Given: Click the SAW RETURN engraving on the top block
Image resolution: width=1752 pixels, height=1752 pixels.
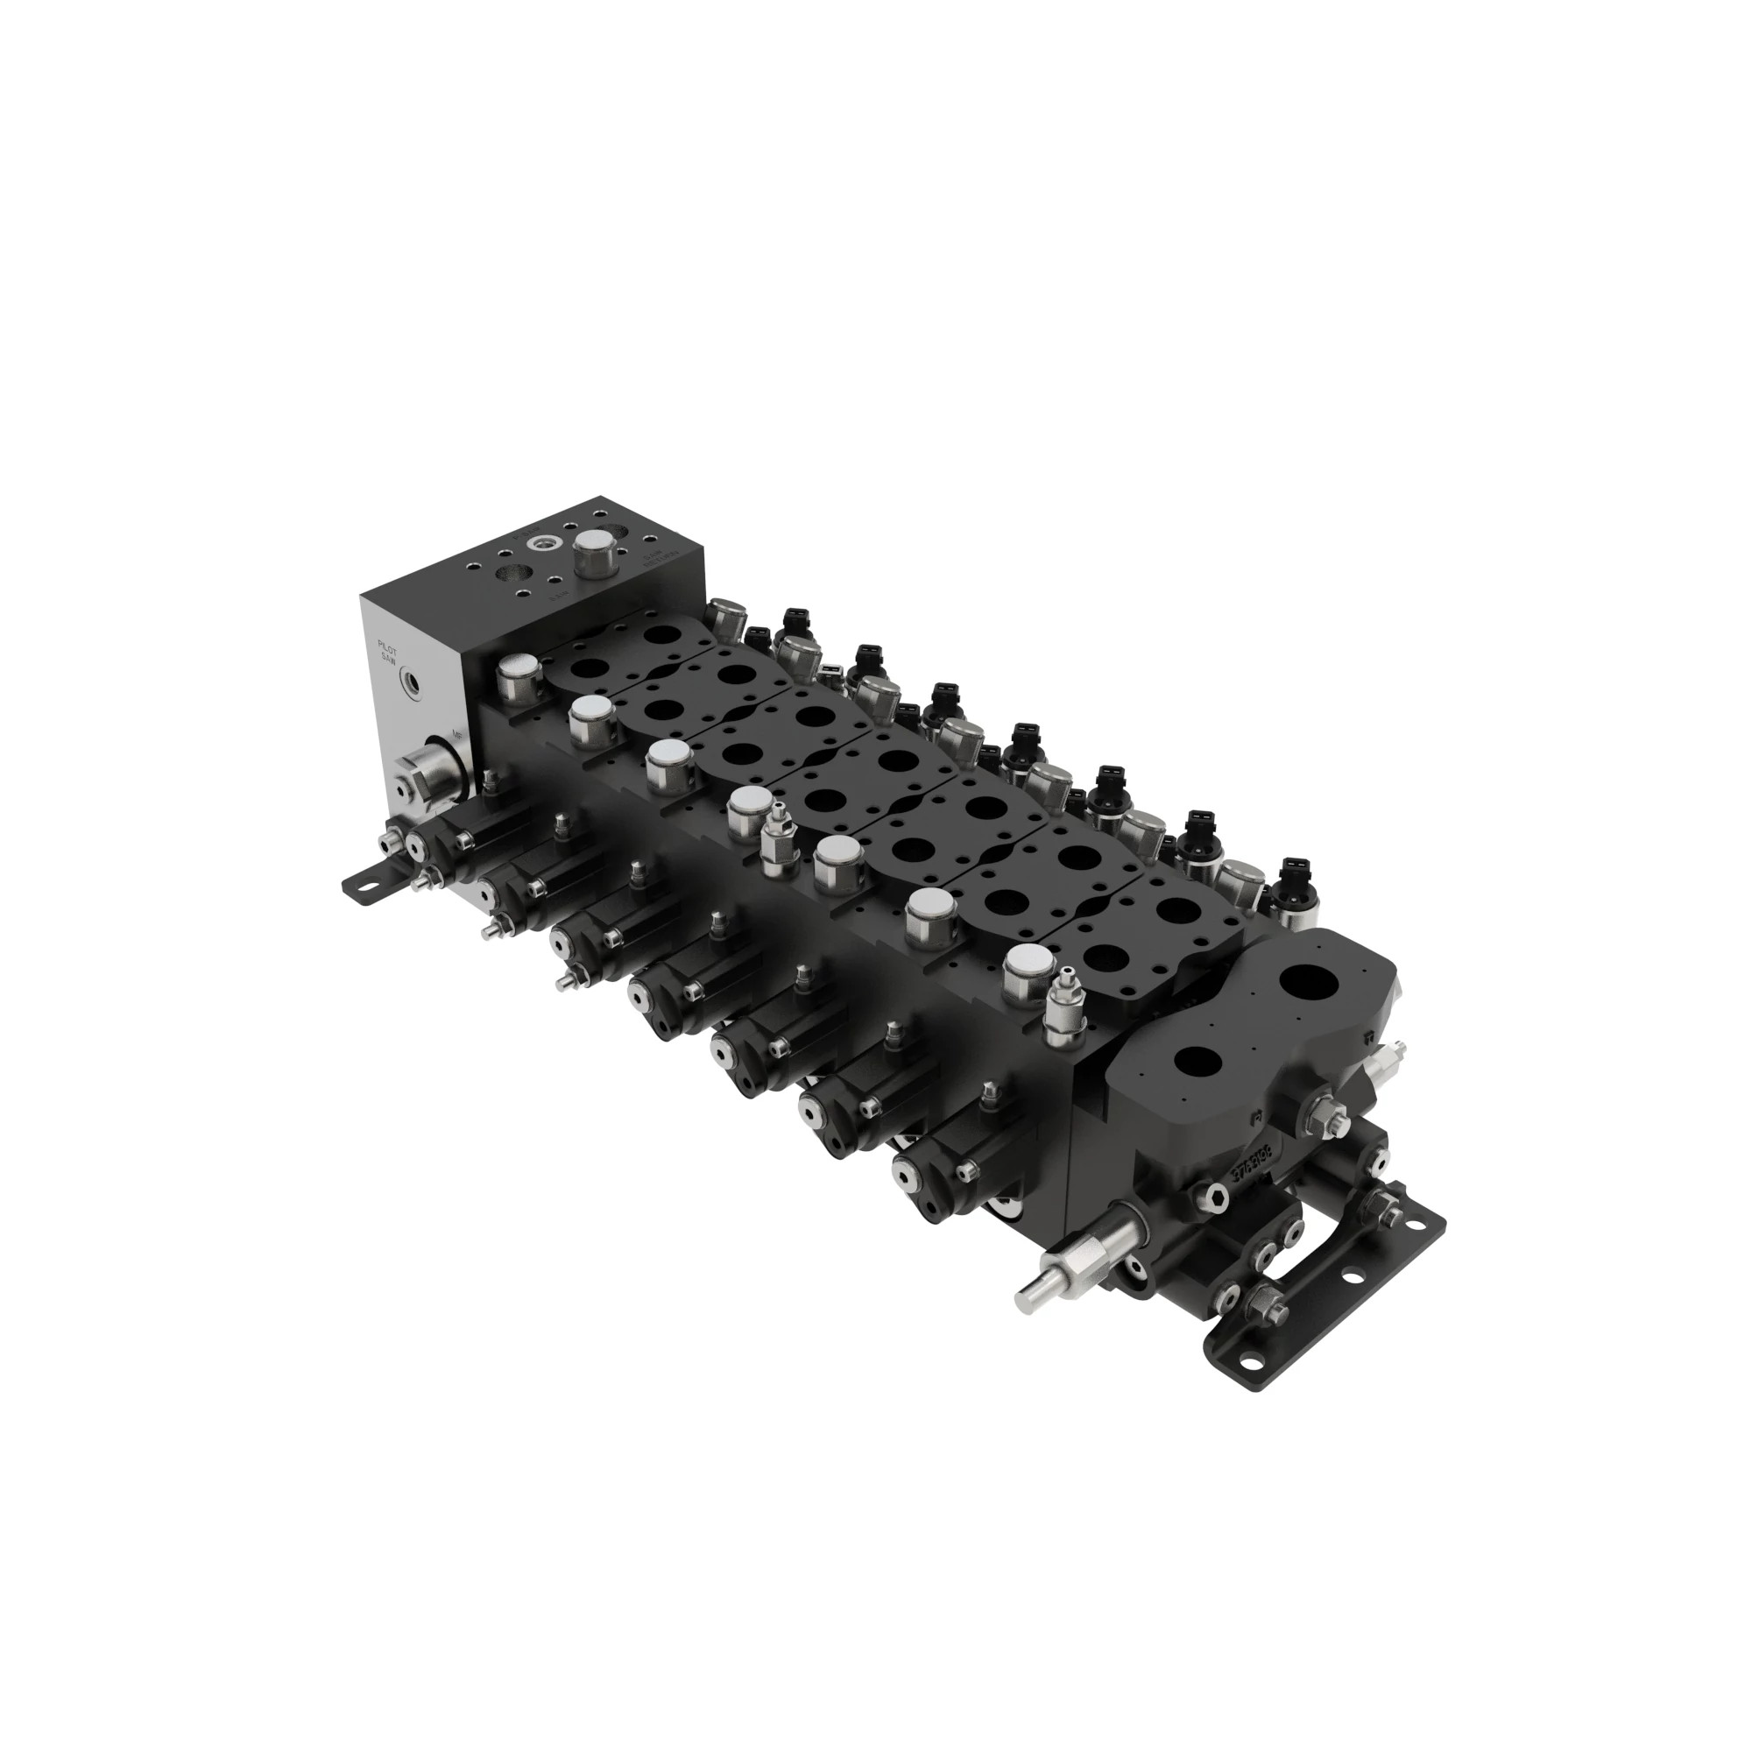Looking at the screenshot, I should (654, 559).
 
